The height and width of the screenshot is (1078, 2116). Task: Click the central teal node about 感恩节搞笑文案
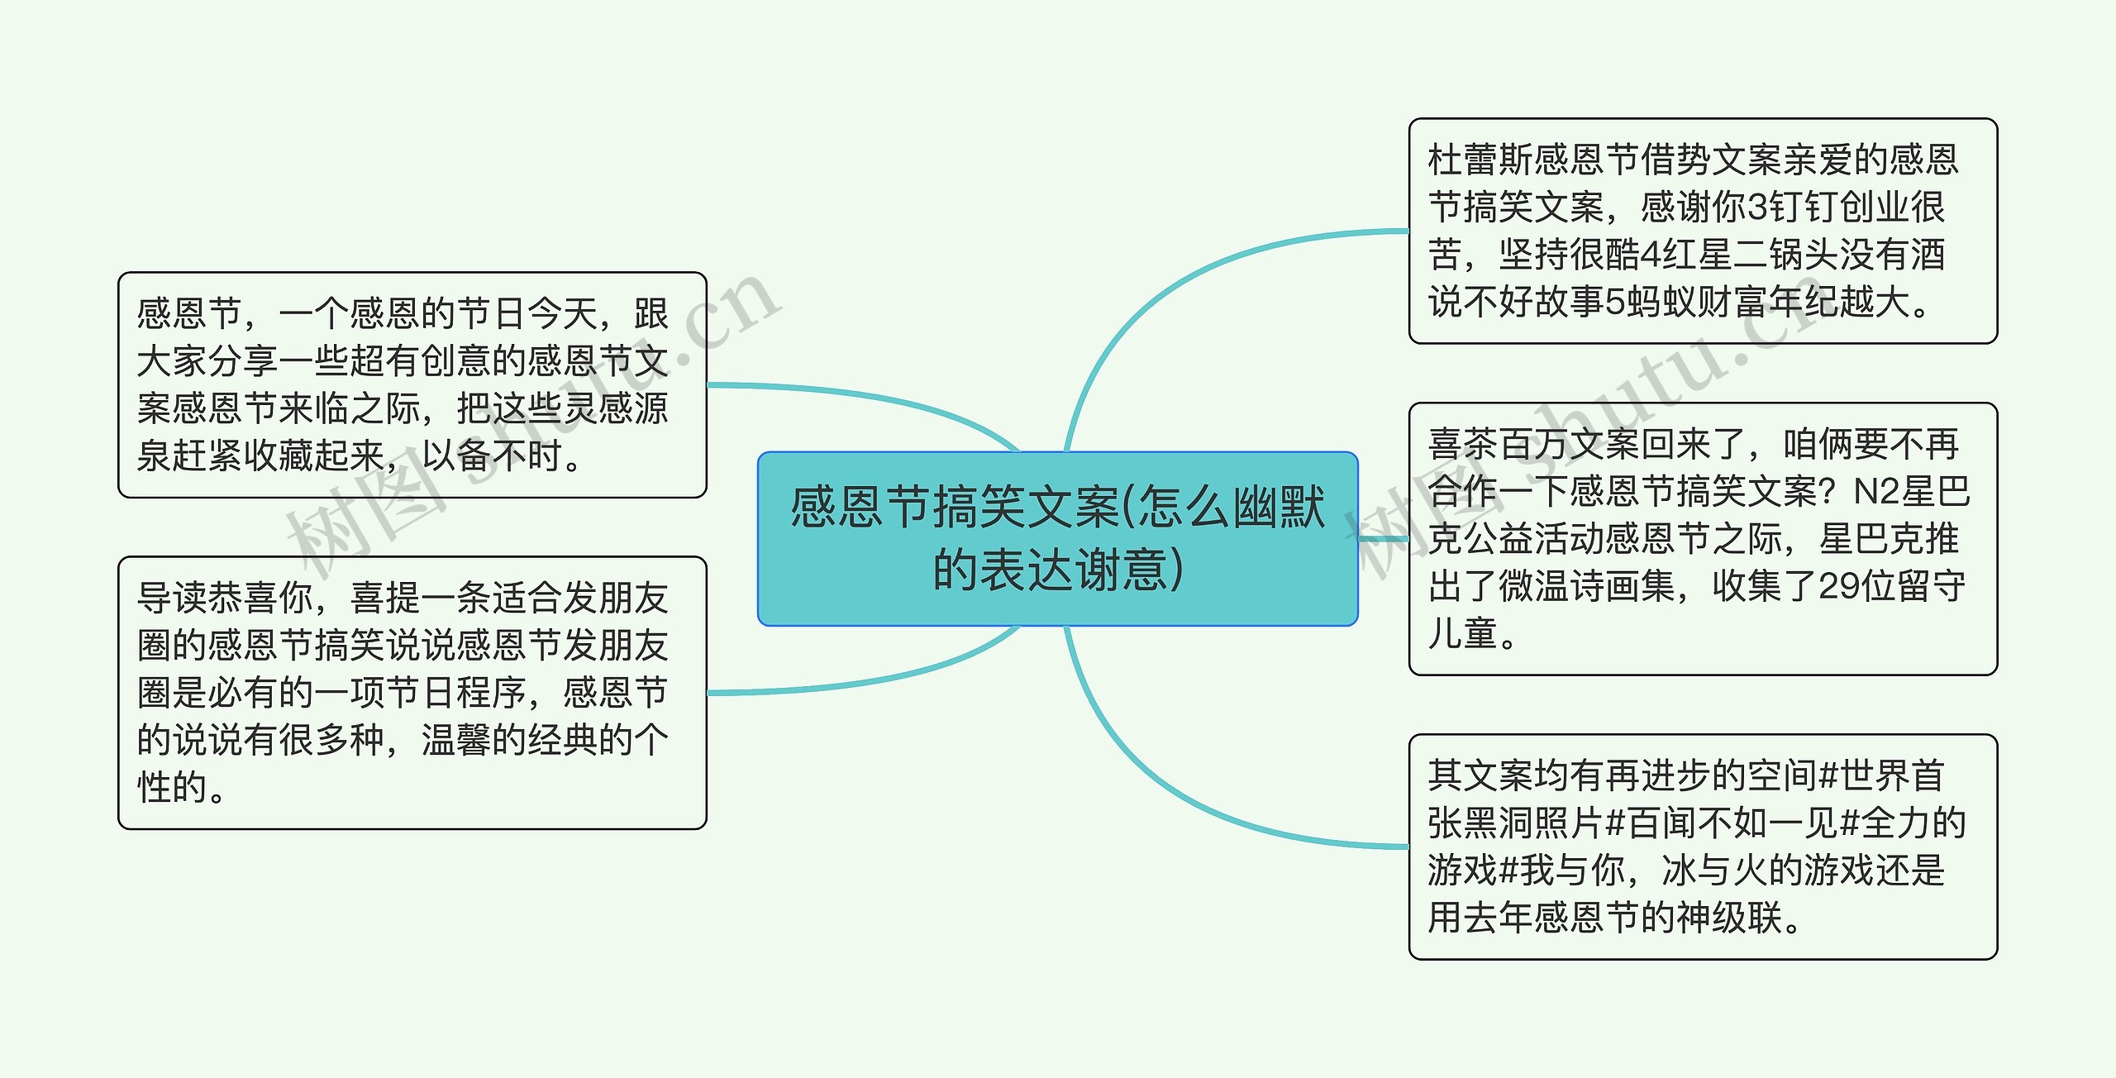tap(1057, 538)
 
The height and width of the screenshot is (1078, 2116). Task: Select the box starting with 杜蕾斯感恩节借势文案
tap(1703, 231)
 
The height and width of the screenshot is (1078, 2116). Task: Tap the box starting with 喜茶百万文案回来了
tap(1703, 538)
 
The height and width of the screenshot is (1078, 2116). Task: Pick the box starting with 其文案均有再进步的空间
tap(1703, 847)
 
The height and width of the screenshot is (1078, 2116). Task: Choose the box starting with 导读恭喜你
tap(412, 693)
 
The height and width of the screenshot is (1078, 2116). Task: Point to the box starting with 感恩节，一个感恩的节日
tap(412, 384)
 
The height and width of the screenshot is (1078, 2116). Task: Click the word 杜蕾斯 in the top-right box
tap(1480, 160)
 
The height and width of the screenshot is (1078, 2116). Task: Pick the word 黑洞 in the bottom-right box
tap(1498, 823)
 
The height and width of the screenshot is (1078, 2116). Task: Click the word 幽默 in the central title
tap(1280, 508)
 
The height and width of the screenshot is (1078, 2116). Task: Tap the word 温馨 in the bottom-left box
tap(456, 740)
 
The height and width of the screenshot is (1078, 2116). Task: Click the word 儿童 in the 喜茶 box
tap(1463, 633)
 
